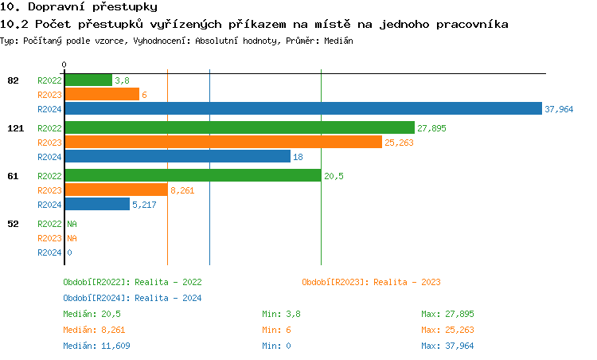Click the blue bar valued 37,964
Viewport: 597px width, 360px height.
tap(302, 109)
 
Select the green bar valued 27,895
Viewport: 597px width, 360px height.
tap(239, 127)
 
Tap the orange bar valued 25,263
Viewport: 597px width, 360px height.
tap(223, 142)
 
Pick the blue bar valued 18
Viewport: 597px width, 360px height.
tap(177, 157)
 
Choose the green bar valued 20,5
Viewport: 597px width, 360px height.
tap(192, 176)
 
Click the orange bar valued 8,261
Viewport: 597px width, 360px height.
tap(115, 190)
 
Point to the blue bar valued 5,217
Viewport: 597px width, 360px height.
tap(96, 205)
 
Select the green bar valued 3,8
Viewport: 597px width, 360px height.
tap(88, 80)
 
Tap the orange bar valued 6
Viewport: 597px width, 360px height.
tap(101, 94)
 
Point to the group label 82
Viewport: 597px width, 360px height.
tap(14, 80)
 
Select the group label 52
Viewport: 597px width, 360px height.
tap(14, 224)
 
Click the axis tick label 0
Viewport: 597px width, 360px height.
tap(64, 65)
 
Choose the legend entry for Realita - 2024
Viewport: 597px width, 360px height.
tap(132, 298)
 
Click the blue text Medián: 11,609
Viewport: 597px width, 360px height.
tap(96, 346)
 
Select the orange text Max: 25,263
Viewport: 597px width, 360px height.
tap(447, 330)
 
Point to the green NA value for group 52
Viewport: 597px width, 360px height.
tap(72, 224)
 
